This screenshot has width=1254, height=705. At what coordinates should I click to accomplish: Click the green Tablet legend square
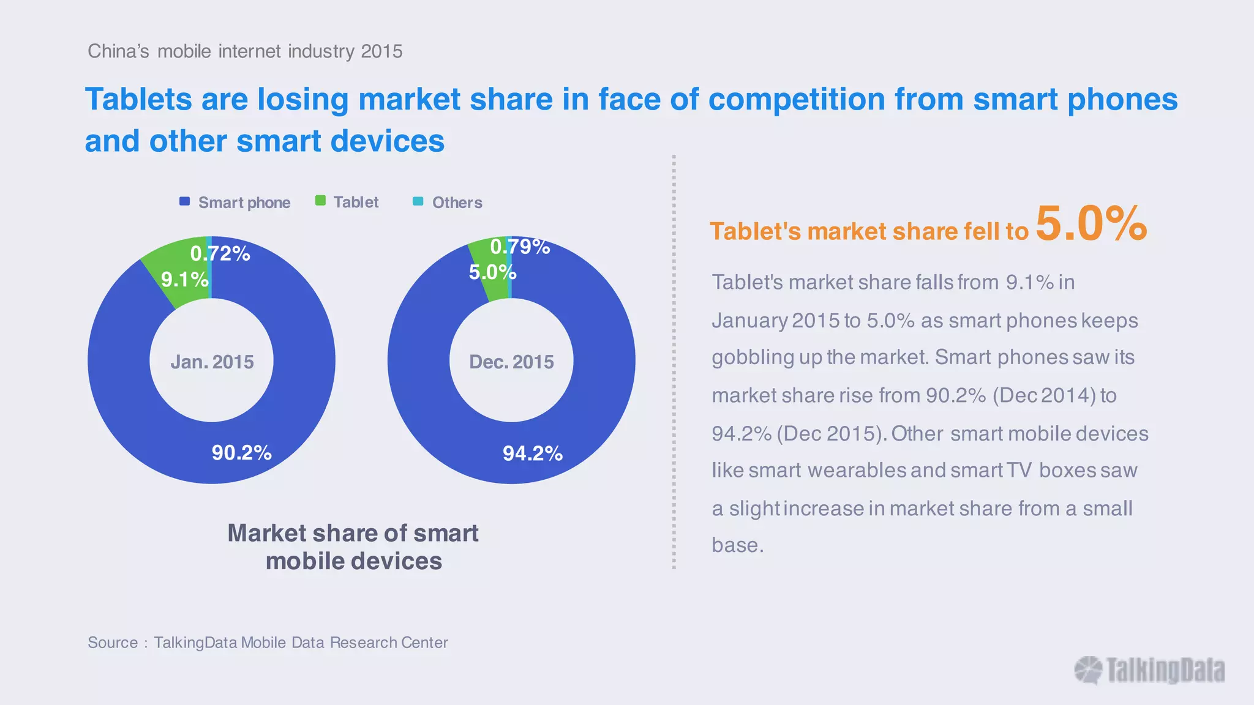point(320,201)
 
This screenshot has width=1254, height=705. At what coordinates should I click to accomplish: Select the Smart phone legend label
point(244,203)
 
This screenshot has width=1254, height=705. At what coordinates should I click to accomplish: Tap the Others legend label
point(457,203)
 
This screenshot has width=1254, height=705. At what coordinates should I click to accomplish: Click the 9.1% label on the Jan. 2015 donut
point(184,280)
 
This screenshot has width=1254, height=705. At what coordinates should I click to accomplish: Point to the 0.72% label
point(220,253)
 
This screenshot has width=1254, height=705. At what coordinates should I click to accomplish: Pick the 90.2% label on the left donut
point(241,453)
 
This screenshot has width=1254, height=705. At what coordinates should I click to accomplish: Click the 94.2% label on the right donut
point(532,453)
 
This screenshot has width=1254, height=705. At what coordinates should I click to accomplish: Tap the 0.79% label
point(520,247)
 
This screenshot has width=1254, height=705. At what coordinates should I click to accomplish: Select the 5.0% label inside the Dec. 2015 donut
point(492,272)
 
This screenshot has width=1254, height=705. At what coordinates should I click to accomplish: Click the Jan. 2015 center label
point(212,362)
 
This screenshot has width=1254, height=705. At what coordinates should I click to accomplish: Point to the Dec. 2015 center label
point(511,362)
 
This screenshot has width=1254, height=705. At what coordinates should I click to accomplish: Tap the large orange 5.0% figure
point(1091,223)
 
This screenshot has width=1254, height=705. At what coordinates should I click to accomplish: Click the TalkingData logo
point(1149,670)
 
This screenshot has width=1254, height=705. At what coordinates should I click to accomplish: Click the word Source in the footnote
point(113,643)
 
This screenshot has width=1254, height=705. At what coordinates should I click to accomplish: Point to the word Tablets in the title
point(139,99)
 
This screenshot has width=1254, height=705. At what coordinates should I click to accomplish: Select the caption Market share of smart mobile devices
point(353,546)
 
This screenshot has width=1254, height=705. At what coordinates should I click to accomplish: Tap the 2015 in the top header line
point(381,51)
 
